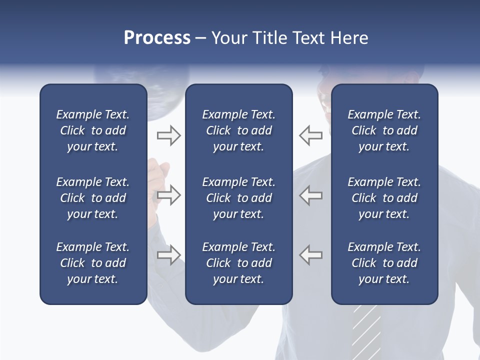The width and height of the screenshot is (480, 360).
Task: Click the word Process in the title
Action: pyautogui.click(x=157, y=38)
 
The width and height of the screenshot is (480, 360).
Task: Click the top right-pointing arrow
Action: pyautogui.click(x=169, y=135)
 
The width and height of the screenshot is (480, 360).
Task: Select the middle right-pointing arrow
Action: pyautogui.click(x=169, y=195)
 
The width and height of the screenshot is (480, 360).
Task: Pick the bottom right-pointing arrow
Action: pyautogui.click(x=169, y=255)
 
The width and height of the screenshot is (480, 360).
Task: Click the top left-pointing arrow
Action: pyautogui.click(x=311, y=135)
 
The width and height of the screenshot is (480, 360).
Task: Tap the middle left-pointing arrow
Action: pyautogui.click(x=311, y=195)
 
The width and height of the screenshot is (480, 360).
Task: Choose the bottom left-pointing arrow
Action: pyautogui.click(x=311, y=255)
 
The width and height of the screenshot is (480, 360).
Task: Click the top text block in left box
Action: pyautogui.click(x=93, y=130)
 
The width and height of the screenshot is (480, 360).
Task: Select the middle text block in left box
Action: pyautogui.click(x=93, y=198)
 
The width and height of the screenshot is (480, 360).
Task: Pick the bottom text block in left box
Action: pyautogui.click(x=93, y=263)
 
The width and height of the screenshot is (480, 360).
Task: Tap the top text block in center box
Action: pyautogui.click(x=238, y=130)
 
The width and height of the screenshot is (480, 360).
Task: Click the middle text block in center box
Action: pyautogui.click(x=238, y=198)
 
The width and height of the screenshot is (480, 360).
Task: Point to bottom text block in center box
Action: pyautogui.click(x=238, y=263)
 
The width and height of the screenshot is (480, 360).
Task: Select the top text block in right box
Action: pyautogui.click(x=384, y=130)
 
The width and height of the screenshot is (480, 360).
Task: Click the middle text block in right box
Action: pyautogui.click(x=384, y=198)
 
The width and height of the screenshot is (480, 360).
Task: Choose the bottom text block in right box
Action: pyautogui.click(x=384, y=263)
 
